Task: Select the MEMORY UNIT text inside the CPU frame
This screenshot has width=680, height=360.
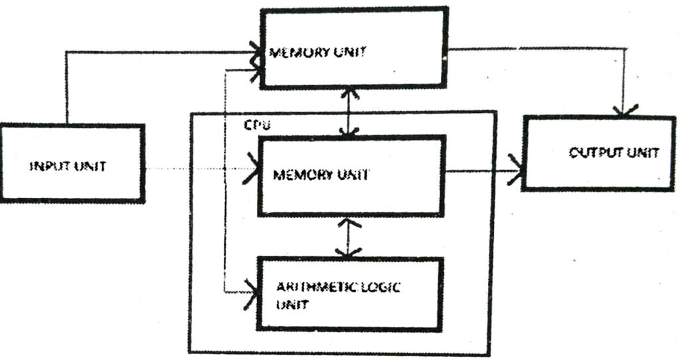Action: click(321, 176)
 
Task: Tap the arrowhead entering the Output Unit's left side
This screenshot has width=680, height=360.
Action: click(516, 172)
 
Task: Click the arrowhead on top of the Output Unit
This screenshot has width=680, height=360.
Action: click(625, 111)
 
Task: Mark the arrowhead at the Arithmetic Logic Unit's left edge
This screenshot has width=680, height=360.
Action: click(250, 292)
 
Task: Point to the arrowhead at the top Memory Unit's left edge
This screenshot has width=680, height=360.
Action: click(254, 52)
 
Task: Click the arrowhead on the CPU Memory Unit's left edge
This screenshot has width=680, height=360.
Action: click(252, 169)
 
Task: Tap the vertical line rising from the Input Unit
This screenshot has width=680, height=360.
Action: click(66, 86)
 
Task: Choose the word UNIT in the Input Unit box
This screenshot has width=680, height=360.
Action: click(89, 167)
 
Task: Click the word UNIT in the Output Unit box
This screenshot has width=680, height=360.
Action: click(642, 153)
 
